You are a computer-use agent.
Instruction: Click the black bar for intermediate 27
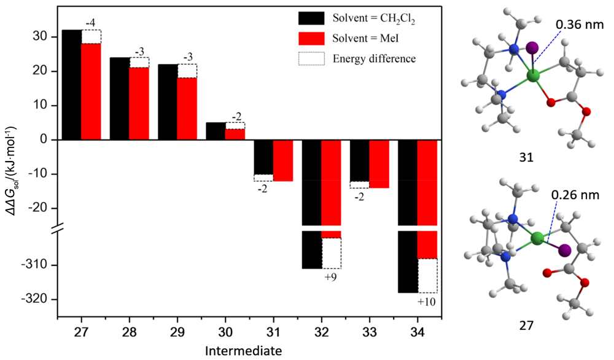[x=71, y=84]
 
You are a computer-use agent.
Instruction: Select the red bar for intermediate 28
[x=139, y=103]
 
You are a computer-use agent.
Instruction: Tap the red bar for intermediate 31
[x=283, y=160]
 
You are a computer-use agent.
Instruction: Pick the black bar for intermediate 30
[x=216, y=131]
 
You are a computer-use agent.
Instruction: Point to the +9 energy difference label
[x=332, y=277]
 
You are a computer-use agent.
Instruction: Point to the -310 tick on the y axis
[x=39, y=265]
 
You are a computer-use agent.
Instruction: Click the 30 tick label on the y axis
[x=41, y=37]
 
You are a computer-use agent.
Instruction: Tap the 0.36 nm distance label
[x=575, y=25]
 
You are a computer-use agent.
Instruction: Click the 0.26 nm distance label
[x=573, y=195]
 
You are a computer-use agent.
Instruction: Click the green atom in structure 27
[x=537, y=238]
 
